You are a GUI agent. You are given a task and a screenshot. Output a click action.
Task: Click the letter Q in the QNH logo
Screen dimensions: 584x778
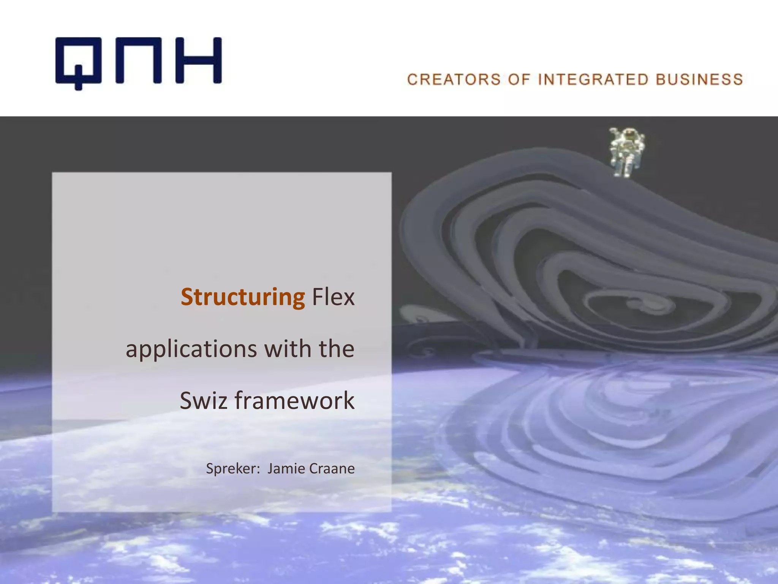[x=78, y=61]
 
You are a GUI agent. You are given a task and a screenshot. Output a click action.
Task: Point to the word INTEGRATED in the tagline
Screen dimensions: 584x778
[x=593, y=80]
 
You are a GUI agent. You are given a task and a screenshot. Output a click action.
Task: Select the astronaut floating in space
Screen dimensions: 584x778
[x=626, y=152]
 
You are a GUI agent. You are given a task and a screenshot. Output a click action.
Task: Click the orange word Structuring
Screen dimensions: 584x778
[x=243, y=297]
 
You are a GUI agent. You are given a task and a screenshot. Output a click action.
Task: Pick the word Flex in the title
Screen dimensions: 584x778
[x=333, y=297]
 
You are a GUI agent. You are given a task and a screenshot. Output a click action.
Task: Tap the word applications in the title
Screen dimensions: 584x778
[x=191, y=349]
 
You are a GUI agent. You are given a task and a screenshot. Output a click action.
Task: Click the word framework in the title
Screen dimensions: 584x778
[x=294, y=400]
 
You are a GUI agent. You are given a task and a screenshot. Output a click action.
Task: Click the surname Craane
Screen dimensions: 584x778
[x=332, y=468]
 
